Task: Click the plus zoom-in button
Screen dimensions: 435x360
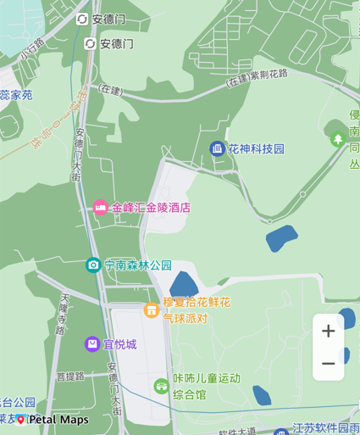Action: click(328, 331)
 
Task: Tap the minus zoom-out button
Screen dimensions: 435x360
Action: click(328, 364)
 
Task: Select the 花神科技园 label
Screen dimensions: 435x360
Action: click(257, 149)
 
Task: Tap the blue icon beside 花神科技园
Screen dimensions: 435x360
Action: click(218, 149)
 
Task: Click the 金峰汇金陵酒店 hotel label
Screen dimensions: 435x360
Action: click(151, 207)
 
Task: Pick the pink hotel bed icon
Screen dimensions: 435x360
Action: click(101, 207)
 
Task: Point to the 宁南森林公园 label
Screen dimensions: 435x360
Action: click(138, 265)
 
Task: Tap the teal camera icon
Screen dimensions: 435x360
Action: click(93, 265)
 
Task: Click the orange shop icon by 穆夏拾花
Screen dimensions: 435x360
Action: click(151, 310)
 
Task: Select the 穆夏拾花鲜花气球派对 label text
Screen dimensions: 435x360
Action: click(196, 310)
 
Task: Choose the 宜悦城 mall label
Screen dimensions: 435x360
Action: click(119, 344)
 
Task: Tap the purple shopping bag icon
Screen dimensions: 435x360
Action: click(91, 343)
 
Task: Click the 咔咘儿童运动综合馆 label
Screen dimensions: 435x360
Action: click(206, 387)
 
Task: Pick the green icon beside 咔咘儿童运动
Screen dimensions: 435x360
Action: click(161, 387)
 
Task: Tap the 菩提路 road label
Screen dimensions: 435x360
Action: click(70, 376)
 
